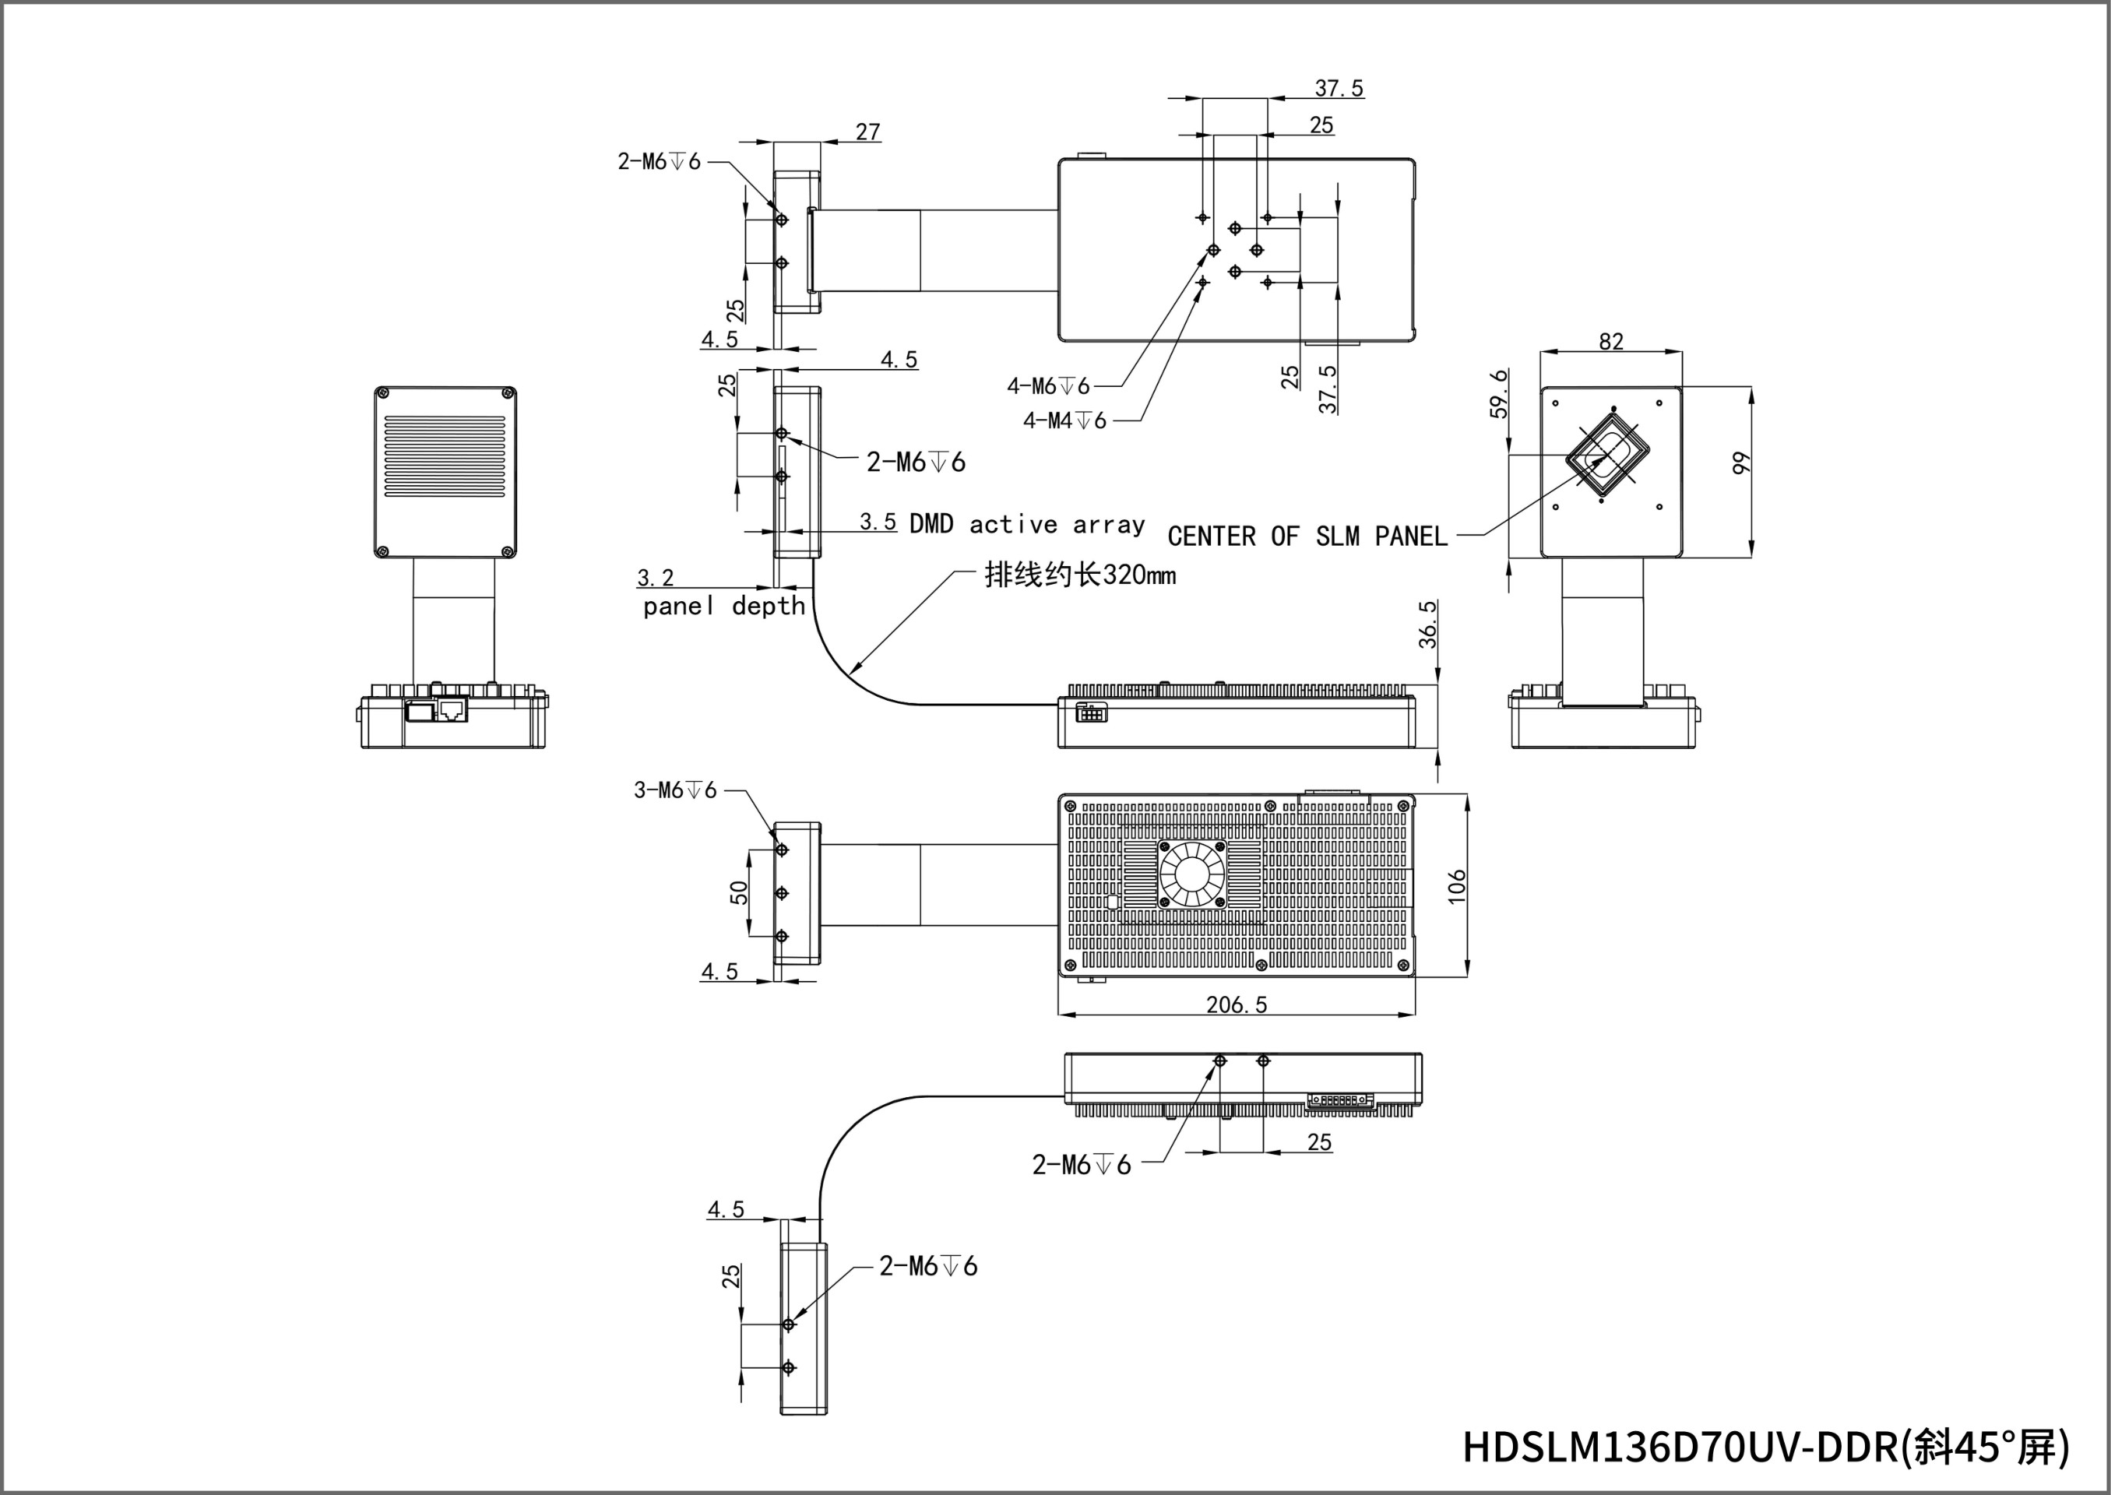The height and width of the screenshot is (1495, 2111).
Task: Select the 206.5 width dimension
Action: tap(1237, 1004)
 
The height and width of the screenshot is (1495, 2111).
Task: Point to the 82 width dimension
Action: tap(1611, 340)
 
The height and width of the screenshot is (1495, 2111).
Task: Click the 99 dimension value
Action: tap(1740, 463)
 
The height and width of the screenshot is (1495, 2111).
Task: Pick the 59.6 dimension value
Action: tap(1500, 393)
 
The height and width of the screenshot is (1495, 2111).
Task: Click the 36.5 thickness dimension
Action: tap(1427, 624)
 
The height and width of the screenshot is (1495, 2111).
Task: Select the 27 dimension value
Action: tap(867, 132)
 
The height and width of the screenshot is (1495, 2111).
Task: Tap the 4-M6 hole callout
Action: tap(1047, 385)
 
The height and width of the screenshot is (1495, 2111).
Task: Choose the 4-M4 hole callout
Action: tap(1064, 420)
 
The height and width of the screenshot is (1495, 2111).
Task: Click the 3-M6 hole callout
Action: tap(675, 790)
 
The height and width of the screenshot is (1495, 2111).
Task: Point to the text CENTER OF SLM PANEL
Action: tap(1307, 536)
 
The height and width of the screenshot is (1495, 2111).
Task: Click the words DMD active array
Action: tap(1026, 525)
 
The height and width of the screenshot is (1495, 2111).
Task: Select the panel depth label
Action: tap(723, 606)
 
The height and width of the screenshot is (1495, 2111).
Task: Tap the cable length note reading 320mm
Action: tap(1080, 575)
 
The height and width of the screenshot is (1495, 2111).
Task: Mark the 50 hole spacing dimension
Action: tap(738, 892)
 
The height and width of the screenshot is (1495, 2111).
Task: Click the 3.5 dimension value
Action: tap(878, 522)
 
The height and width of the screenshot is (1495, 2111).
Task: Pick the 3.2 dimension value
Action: tap(655, 577)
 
